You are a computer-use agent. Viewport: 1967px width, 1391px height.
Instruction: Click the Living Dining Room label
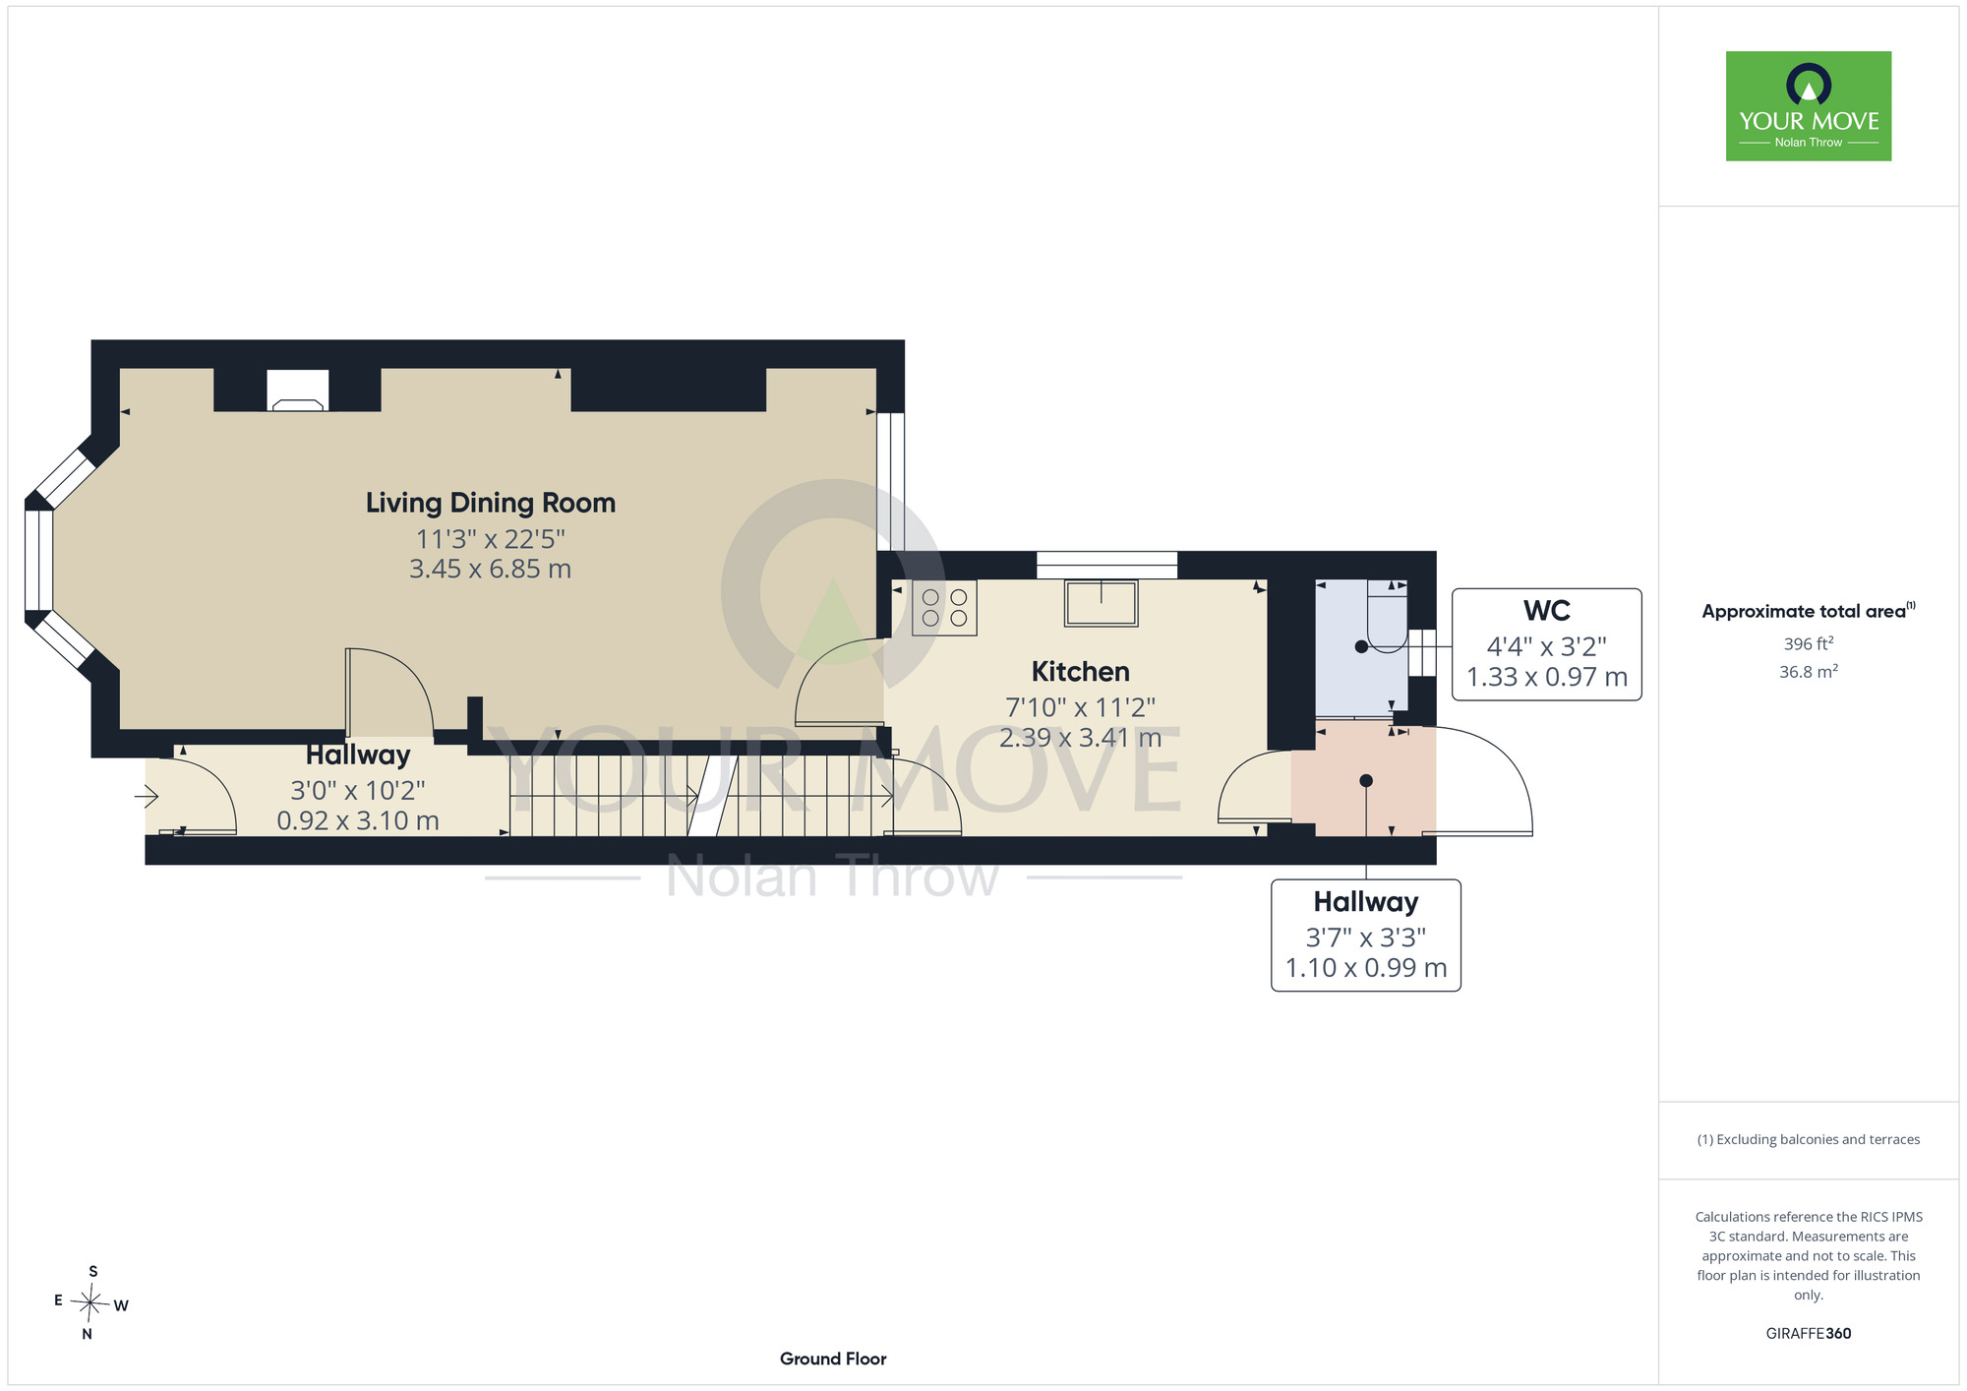491,503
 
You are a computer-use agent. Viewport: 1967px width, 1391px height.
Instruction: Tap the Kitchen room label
1080,672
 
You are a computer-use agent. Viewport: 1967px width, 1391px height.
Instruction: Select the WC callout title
1546,611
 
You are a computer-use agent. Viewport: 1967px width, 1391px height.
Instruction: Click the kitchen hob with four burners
944,607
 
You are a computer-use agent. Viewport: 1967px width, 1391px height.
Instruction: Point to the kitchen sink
1102,603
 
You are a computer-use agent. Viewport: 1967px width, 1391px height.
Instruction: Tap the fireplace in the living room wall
298,391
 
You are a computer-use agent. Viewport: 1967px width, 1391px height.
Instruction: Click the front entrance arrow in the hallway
147,795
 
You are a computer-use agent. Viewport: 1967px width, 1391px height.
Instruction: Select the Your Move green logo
1809,106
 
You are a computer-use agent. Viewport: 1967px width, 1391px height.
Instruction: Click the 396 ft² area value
1809,643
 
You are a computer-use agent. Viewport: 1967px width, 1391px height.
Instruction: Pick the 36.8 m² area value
1809,672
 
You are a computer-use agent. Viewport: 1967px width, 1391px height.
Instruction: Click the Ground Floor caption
833,1359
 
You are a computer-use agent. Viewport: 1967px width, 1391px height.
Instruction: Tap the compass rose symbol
90,1303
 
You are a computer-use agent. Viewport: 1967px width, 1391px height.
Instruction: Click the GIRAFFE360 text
1809,1334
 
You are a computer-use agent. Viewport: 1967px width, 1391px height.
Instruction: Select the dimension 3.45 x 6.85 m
490,569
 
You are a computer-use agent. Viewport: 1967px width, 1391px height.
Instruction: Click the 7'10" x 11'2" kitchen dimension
1080,707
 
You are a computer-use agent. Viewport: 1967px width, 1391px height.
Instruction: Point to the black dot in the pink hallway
1366,781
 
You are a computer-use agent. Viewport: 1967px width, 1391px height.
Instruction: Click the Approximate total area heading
1809,611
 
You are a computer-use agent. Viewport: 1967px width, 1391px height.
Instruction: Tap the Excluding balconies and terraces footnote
1809,1139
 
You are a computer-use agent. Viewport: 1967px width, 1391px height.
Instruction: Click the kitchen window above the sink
1106,565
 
